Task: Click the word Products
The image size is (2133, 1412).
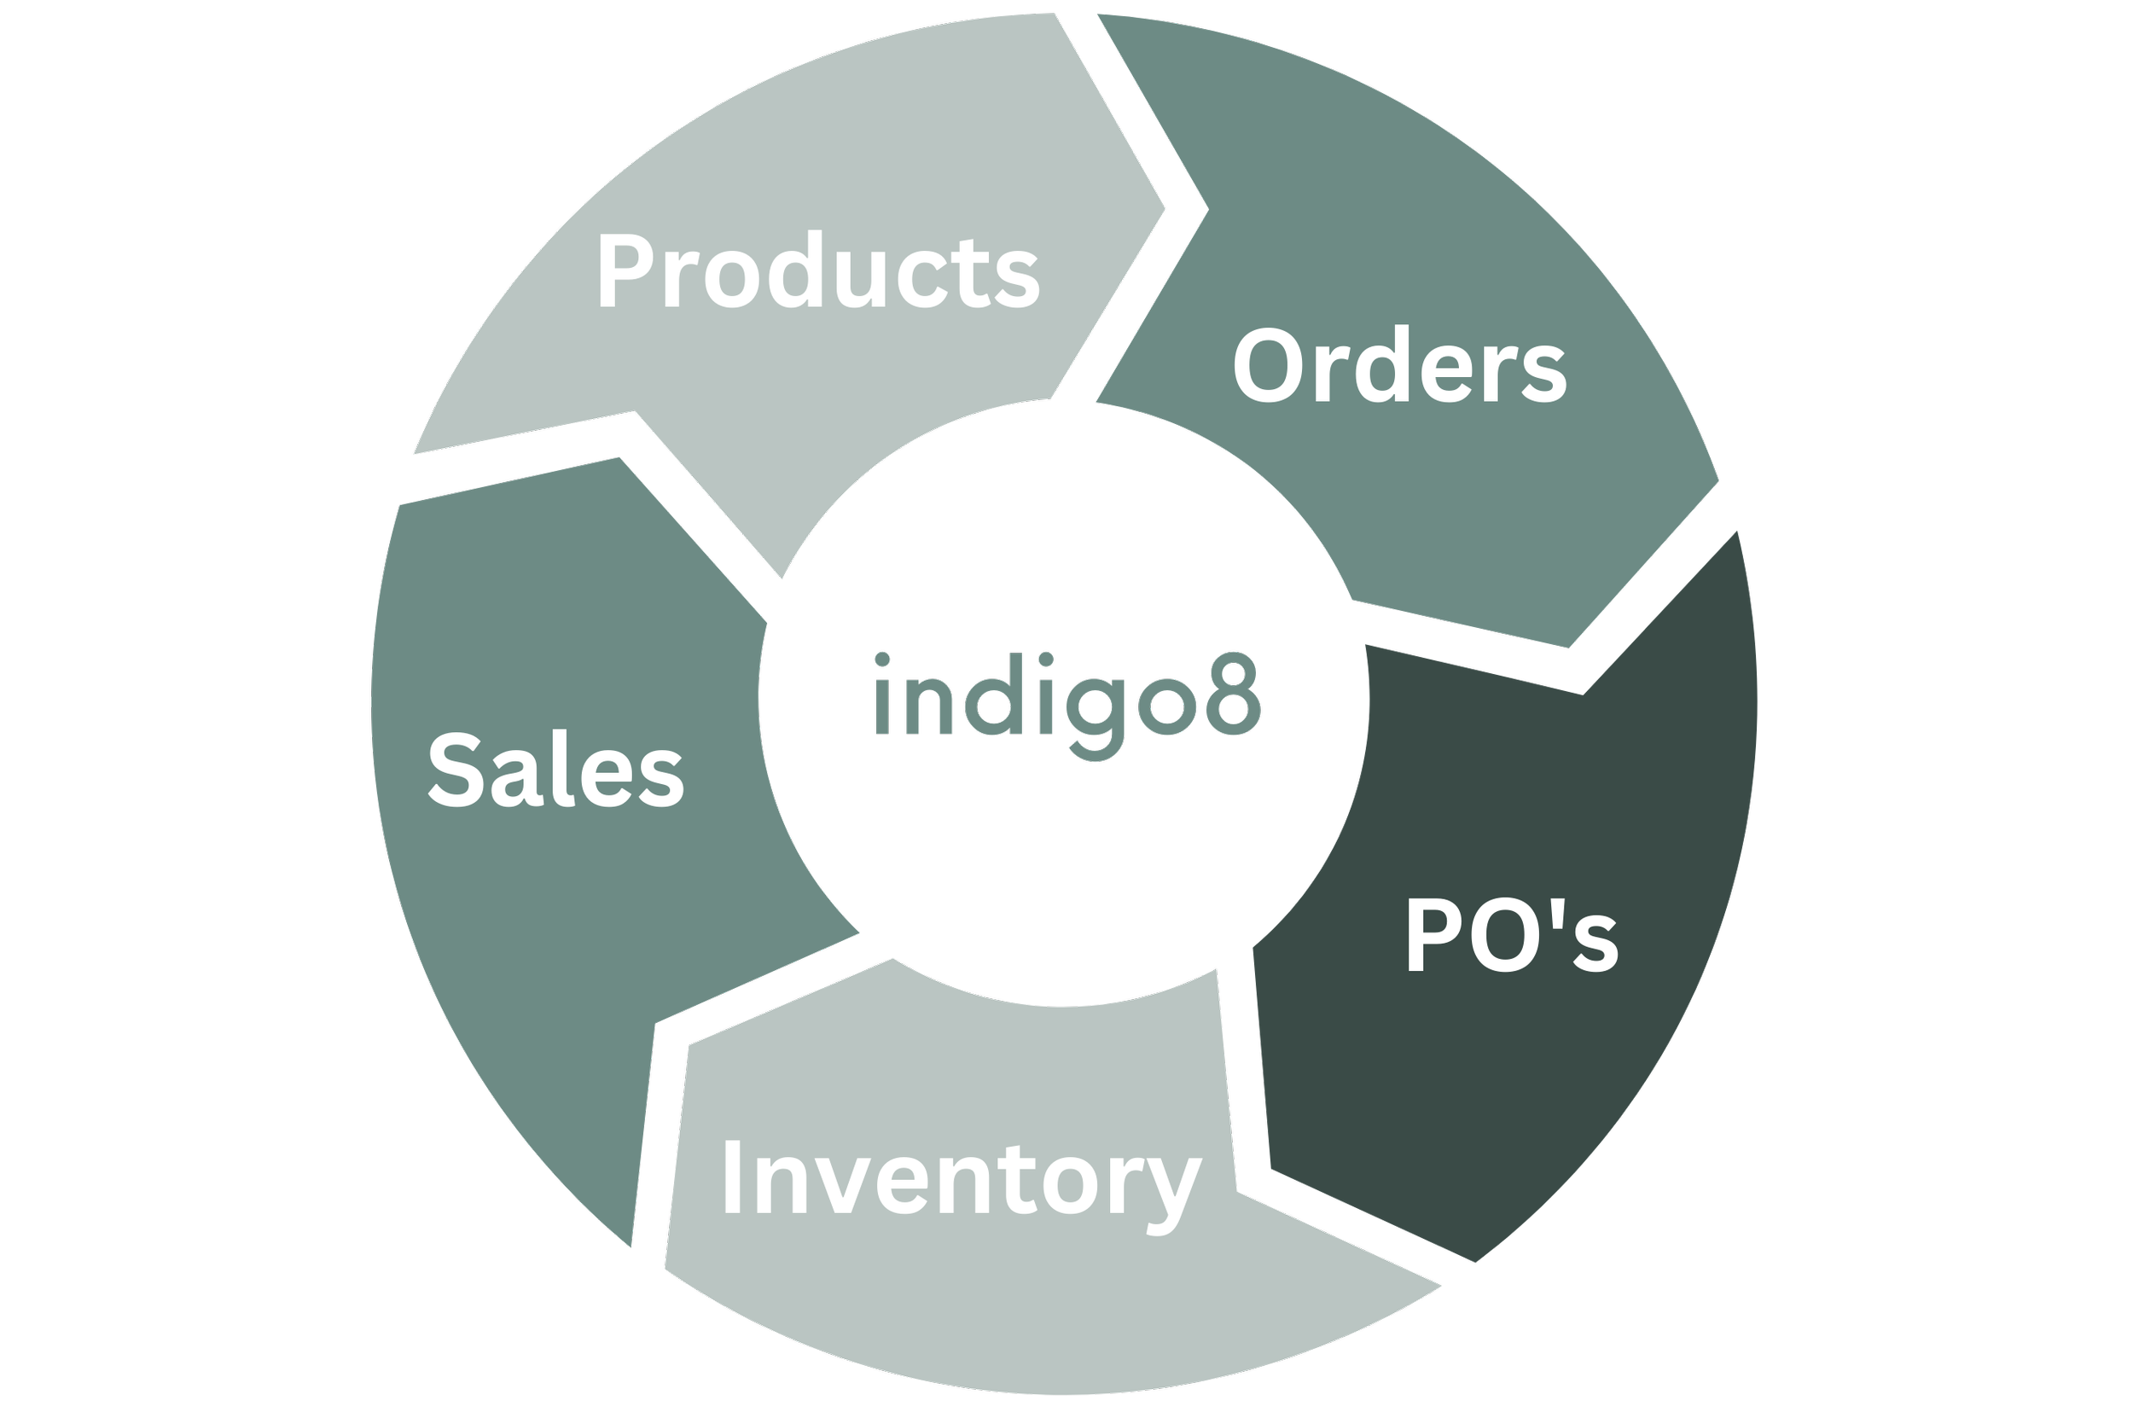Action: click(817, 270)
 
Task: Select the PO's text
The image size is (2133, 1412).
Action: click(1512, 937)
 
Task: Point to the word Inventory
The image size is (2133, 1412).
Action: click(961, 1180)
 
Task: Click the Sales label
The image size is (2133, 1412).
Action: click(555, 770)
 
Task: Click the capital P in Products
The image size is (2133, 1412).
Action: click(623, 270)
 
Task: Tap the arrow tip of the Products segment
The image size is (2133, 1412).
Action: click(1165, 209)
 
